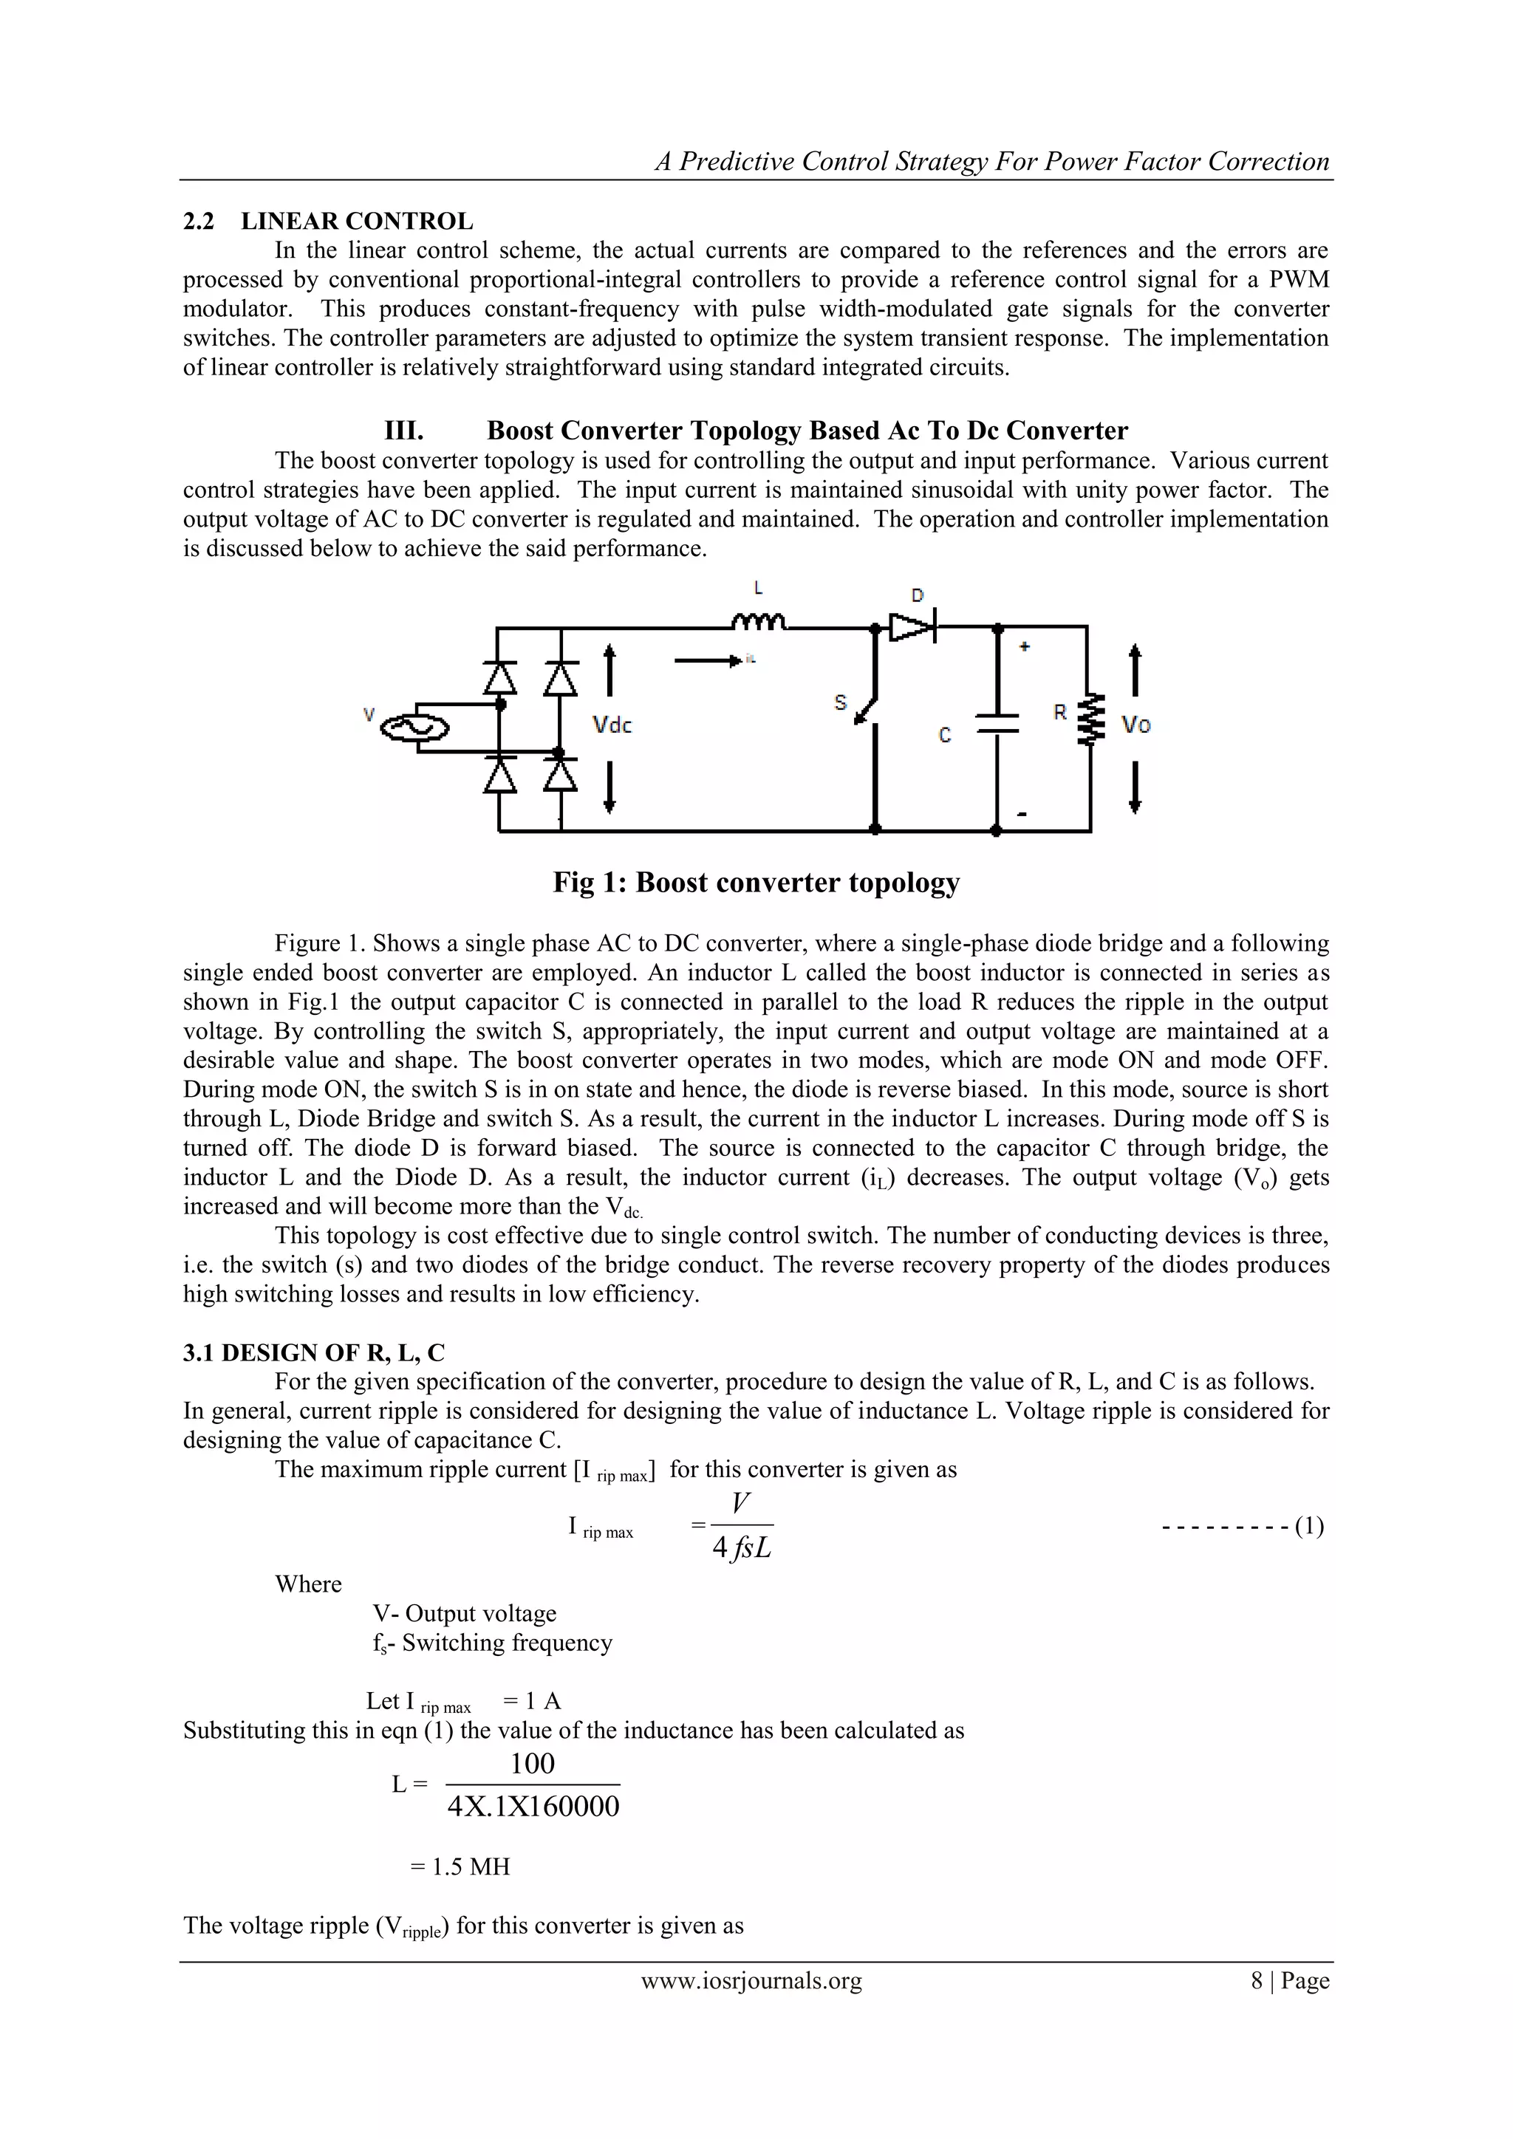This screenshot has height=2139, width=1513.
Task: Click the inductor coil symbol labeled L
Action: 759,620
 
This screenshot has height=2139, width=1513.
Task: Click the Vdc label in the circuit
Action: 612,725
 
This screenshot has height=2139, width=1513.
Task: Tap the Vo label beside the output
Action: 1135,724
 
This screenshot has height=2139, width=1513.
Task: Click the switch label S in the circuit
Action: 839,702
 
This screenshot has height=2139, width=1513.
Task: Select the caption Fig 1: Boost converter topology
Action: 756,882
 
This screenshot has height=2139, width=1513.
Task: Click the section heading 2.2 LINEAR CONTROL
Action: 328,222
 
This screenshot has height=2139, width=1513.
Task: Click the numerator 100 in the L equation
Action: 532,1764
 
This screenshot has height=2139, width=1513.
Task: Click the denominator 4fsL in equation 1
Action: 742,1548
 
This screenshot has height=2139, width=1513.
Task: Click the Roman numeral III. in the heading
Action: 404,431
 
